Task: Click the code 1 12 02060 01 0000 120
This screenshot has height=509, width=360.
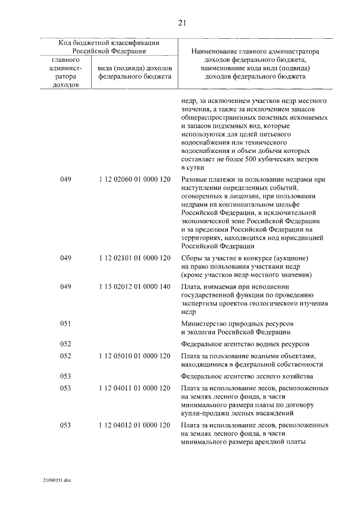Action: [134, 179]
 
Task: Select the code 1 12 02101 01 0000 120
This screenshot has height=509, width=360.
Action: [134, 258]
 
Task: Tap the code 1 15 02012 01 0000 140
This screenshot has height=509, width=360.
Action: [134, 286]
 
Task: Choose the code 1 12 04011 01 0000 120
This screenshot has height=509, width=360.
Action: [134, 389]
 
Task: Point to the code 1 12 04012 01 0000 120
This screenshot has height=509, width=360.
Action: [134, 425]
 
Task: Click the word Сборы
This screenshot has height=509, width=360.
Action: [192, 258]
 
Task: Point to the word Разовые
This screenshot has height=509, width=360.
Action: [195, 179]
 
